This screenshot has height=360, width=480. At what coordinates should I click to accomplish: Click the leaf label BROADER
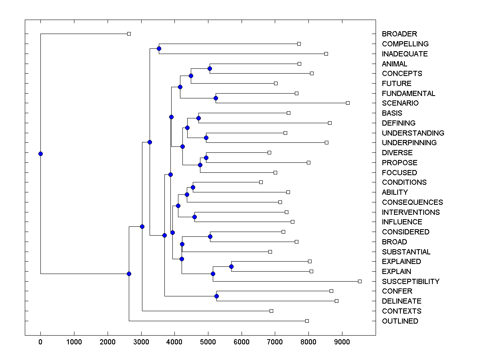pos(399,34)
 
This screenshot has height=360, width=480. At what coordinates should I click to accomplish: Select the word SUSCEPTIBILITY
pos(410,282)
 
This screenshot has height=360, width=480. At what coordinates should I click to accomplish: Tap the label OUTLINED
pos(400,321)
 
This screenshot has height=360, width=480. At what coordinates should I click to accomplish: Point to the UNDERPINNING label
pos(409,143)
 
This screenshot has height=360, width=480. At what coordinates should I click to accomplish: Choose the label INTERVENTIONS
pos(411,212)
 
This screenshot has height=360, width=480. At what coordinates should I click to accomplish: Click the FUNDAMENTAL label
pos(408,94)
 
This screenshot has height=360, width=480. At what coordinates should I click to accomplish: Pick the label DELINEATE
pos(402,301)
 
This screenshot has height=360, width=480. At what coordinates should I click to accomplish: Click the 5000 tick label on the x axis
pos(208,342)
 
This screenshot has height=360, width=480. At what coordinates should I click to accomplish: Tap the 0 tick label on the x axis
pos(40,342)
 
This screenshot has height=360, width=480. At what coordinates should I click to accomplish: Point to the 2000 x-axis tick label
pos(108,342)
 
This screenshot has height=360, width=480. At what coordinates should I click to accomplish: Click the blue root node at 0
pos(40,154)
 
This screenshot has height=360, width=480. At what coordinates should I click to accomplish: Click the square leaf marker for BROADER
pos(129,34)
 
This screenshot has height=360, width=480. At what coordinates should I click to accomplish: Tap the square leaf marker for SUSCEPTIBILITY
pos(360,282)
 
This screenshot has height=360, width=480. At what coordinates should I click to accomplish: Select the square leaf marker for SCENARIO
pos(348,103)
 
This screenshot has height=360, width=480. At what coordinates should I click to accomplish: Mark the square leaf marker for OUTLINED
pos(307,321)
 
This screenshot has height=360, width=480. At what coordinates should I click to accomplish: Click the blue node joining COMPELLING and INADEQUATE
pos(159,48)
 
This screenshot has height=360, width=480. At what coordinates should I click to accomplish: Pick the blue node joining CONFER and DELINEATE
pos(216,296)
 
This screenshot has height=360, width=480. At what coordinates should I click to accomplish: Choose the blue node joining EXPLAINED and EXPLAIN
pos(231,266)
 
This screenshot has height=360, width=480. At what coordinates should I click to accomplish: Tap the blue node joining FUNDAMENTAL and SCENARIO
pos(216,98)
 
